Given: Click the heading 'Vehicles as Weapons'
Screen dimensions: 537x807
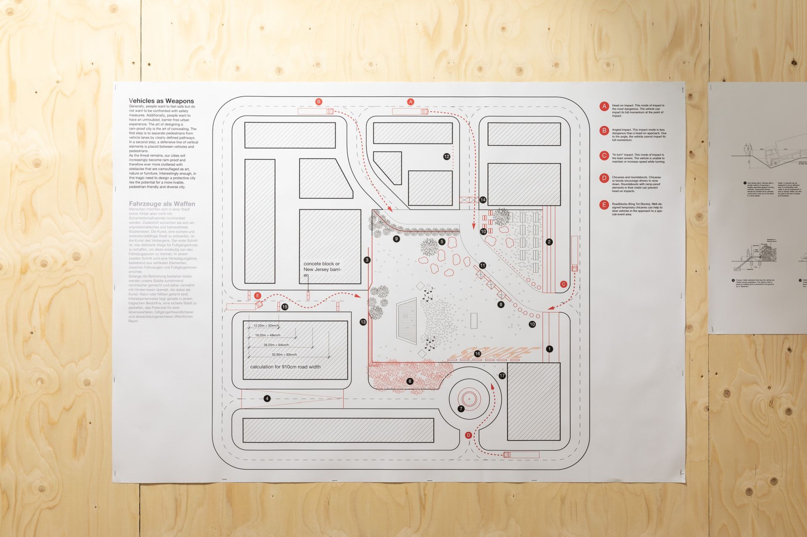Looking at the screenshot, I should click(161, 101).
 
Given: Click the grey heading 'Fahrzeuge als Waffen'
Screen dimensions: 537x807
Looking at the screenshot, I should click(162, 204).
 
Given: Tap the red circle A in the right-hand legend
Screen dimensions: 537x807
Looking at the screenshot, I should click(604, 106).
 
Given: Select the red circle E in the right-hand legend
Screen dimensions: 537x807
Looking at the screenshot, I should click(604, 205).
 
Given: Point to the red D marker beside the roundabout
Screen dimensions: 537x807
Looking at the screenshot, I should click(469, 435).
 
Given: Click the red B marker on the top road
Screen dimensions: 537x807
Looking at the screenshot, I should click(319, 102).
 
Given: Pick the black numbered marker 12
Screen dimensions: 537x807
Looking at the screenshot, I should click(446, 157).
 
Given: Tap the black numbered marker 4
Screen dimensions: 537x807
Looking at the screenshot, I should click(267, 398).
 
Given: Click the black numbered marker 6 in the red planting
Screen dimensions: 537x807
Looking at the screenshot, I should click(410, 381).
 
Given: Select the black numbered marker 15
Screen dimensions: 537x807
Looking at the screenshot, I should click(285, 307).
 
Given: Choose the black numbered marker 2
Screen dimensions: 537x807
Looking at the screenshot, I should click(549, 242).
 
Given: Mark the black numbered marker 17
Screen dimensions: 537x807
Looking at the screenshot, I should click(502, 376).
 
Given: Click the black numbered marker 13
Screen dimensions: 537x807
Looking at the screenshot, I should click(363, 322).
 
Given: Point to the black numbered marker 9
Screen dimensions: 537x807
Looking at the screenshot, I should click(396, 239).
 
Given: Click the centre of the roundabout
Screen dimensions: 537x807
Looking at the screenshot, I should click(469, 398).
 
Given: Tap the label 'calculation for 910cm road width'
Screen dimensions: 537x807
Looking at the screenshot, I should click(285, 367).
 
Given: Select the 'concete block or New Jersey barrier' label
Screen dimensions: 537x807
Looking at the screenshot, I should click(322, 269).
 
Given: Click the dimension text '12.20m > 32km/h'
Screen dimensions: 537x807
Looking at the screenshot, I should click(266, 326).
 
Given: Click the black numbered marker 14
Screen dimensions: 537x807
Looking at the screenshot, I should click(483, 200).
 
